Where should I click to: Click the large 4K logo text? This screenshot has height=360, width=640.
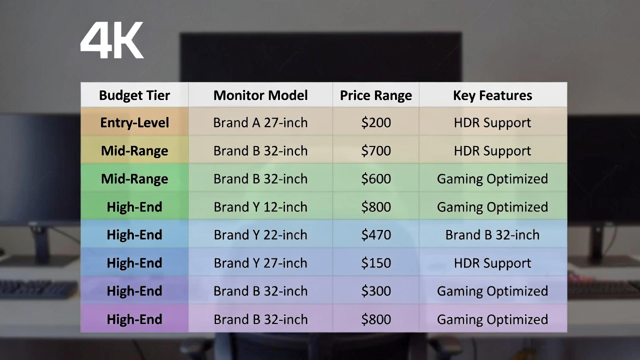point(112,40)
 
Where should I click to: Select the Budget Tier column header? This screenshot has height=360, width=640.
point(134,95)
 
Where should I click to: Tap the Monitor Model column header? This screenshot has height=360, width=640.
point(260,95)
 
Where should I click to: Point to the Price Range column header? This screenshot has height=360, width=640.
point(376,95)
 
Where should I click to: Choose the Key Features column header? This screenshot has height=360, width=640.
point(492,95)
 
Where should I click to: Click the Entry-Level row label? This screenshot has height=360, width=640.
point(134,122)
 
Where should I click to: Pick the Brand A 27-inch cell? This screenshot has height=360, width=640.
point(260,122)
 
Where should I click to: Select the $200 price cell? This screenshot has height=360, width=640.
point(376,122)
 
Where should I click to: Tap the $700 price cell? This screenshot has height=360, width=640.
point(376,151)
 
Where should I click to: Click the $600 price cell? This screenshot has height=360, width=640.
point(376,179)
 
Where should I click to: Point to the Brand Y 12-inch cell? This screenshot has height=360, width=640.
point(260,207)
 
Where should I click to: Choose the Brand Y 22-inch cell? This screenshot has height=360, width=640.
point(260,235)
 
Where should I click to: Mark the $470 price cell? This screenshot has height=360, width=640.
point(376,235)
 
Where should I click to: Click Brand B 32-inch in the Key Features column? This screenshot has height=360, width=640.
point(492,235)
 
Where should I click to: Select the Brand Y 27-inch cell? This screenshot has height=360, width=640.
point(260,263)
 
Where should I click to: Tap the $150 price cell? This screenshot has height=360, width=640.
point(376,263)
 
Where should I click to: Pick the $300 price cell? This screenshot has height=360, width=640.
point(376,291)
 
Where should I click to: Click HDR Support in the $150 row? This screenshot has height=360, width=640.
point(492,263)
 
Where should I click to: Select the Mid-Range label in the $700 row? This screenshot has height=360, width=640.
point(134,151)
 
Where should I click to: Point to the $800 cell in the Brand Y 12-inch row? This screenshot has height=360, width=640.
point(376,207)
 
